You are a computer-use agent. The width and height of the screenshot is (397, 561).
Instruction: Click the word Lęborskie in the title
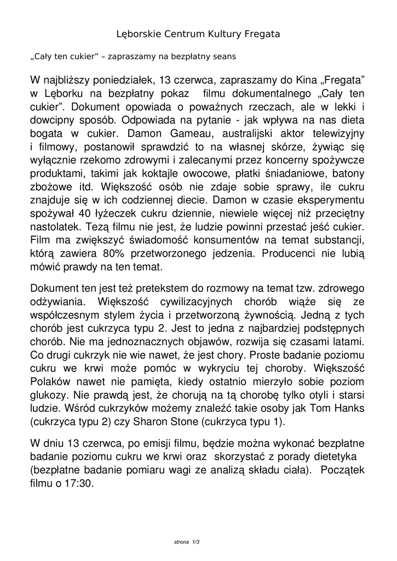point(138,34)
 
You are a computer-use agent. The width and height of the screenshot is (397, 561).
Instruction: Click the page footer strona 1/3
point(187,542)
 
